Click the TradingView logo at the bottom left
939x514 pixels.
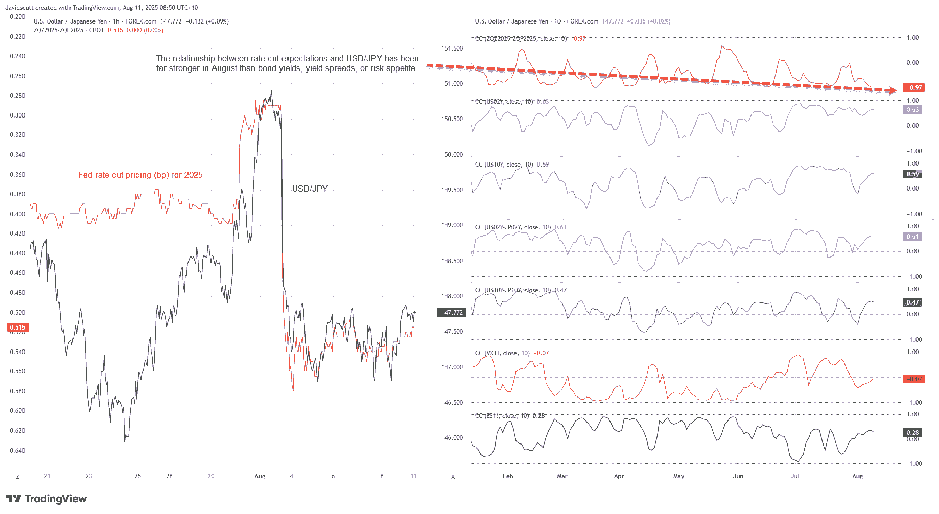[46, 499]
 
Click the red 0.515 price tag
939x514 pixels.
[18, 328]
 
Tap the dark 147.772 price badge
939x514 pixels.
[452, 312]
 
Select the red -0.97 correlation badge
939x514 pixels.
[913, 88]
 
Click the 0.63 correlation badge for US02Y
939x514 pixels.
[912, 110]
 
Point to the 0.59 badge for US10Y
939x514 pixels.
[912, 174]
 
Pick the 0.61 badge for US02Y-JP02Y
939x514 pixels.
[912, 237]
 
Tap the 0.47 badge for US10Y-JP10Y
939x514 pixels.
[912, 302]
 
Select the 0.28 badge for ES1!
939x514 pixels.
[912, 433]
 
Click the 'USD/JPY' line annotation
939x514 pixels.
[310, 189]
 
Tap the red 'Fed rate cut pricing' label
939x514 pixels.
[140, 175]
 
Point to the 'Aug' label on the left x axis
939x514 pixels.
[260, 476]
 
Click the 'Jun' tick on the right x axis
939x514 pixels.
[738, 476]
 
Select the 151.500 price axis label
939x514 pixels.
[452, 49]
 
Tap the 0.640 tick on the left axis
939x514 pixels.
[17, 451]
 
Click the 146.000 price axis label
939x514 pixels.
[452, 438]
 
